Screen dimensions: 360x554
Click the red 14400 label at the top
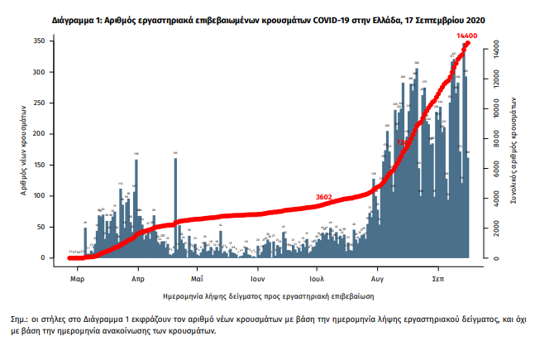pos(468,36)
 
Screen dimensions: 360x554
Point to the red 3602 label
pos(324,196)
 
